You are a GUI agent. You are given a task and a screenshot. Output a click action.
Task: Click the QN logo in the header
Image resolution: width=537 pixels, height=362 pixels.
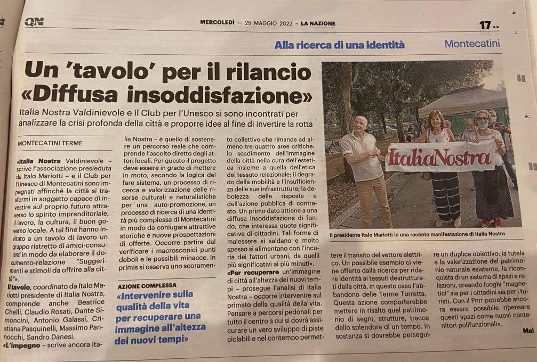[x=34, y=22]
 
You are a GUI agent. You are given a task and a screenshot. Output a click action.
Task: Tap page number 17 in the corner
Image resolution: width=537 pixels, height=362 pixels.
[x=486, y=25]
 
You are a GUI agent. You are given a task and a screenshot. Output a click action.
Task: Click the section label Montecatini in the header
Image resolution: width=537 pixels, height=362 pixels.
[x=472, y=44]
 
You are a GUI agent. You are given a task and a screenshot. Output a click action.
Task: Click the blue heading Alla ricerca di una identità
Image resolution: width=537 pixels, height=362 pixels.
[x=340, y=45]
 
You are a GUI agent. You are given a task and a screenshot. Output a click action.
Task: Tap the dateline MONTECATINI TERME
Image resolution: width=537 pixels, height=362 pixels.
[x=50, y=143]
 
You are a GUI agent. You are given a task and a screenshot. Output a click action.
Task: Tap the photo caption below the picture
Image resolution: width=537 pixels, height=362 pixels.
[x=416, y=234]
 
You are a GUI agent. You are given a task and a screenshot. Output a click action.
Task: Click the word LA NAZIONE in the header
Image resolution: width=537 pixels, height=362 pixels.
[x=318, y=23]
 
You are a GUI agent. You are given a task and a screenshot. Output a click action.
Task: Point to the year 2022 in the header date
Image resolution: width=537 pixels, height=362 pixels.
[x=285, y=23]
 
